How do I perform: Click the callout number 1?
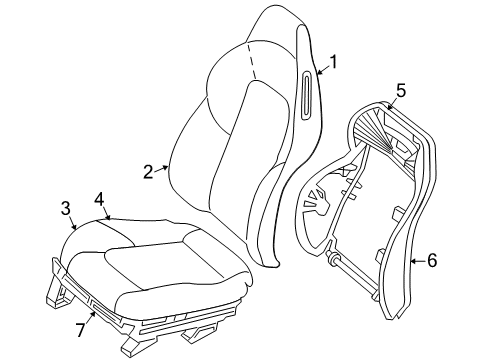click(333, 63)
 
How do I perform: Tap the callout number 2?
click(148, 172)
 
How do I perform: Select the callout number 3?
click(65, 208)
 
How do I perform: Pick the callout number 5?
click(399, 91)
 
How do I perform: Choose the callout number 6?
click(432, 261)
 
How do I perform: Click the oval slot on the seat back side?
click(304, 93)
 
